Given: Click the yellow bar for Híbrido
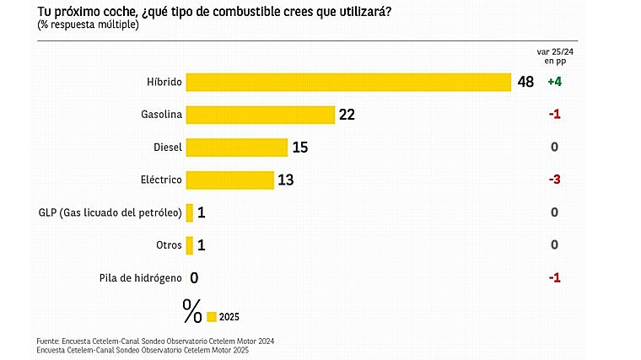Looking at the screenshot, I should (x=348, y=82).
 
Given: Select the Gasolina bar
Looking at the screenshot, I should (x=261, y=115).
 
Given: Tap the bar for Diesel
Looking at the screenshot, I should (x=236, y=148).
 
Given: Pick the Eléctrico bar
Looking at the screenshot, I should (x=229, y=180).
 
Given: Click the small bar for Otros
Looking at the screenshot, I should (x=190, y=244).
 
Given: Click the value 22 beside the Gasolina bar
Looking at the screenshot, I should (x=347, y=115).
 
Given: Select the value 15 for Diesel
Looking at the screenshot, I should (x=300, y=148).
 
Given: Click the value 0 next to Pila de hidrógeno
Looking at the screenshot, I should (x=194, y=277).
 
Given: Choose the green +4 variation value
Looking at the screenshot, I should (x=554, y=82).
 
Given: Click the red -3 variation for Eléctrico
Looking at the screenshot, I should (x=554, y=180).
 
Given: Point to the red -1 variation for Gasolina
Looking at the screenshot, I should (x=554, y=115).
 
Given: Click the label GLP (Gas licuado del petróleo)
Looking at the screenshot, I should (x=110, y=212).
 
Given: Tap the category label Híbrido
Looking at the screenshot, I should (x=163, y=82).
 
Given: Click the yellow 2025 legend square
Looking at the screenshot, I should (x=212, y=316).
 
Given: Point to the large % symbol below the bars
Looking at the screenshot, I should (x=192, y=311).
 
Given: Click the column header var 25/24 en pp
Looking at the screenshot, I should (x=554, y=56).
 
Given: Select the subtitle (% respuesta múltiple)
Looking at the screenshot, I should (x=88, y=24).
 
